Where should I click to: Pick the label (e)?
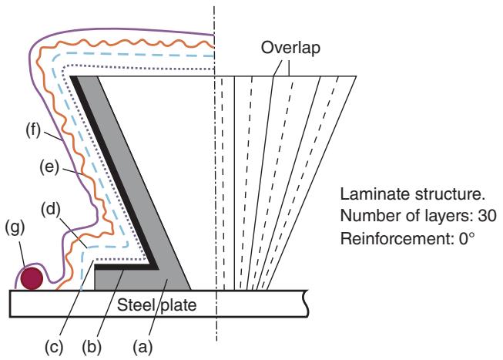tap(52, 167)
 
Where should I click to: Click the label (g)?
tap(15, 251)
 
